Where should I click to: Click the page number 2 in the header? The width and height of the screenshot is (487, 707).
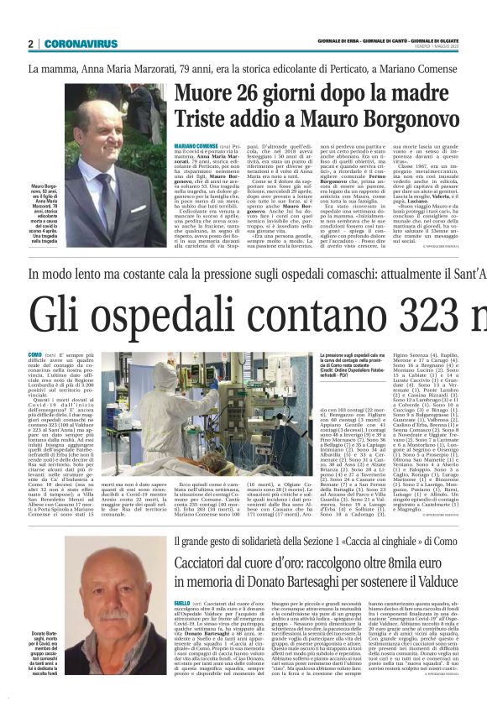pos(30,44)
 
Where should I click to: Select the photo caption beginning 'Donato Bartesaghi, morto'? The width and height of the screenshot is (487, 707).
pos(44,647)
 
